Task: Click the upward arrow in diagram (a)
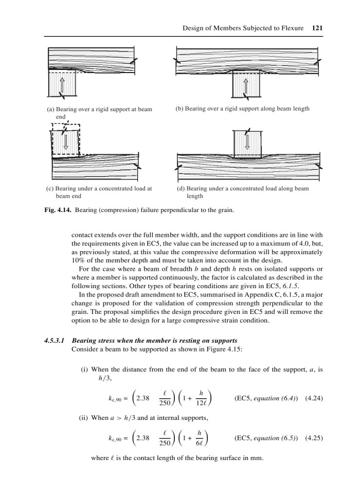point(61,85)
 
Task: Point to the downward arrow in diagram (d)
point(247,140)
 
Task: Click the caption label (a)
point(50,110)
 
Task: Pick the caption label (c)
point(50,188)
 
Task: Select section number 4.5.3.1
point(55,340)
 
